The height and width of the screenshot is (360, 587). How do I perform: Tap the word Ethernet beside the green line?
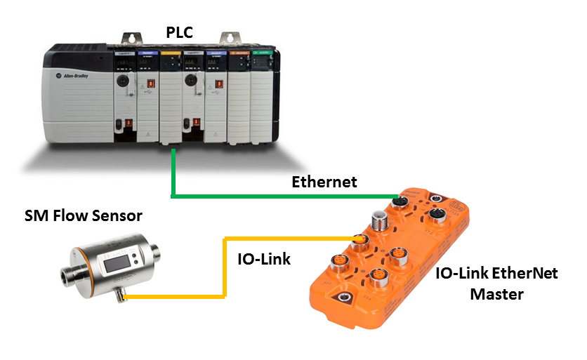point(324,182)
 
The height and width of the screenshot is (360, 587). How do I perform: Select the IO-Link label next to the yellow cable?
point(260,259)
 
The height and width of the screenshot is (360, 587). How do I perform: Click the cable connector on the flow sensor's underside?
point(123,298)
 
